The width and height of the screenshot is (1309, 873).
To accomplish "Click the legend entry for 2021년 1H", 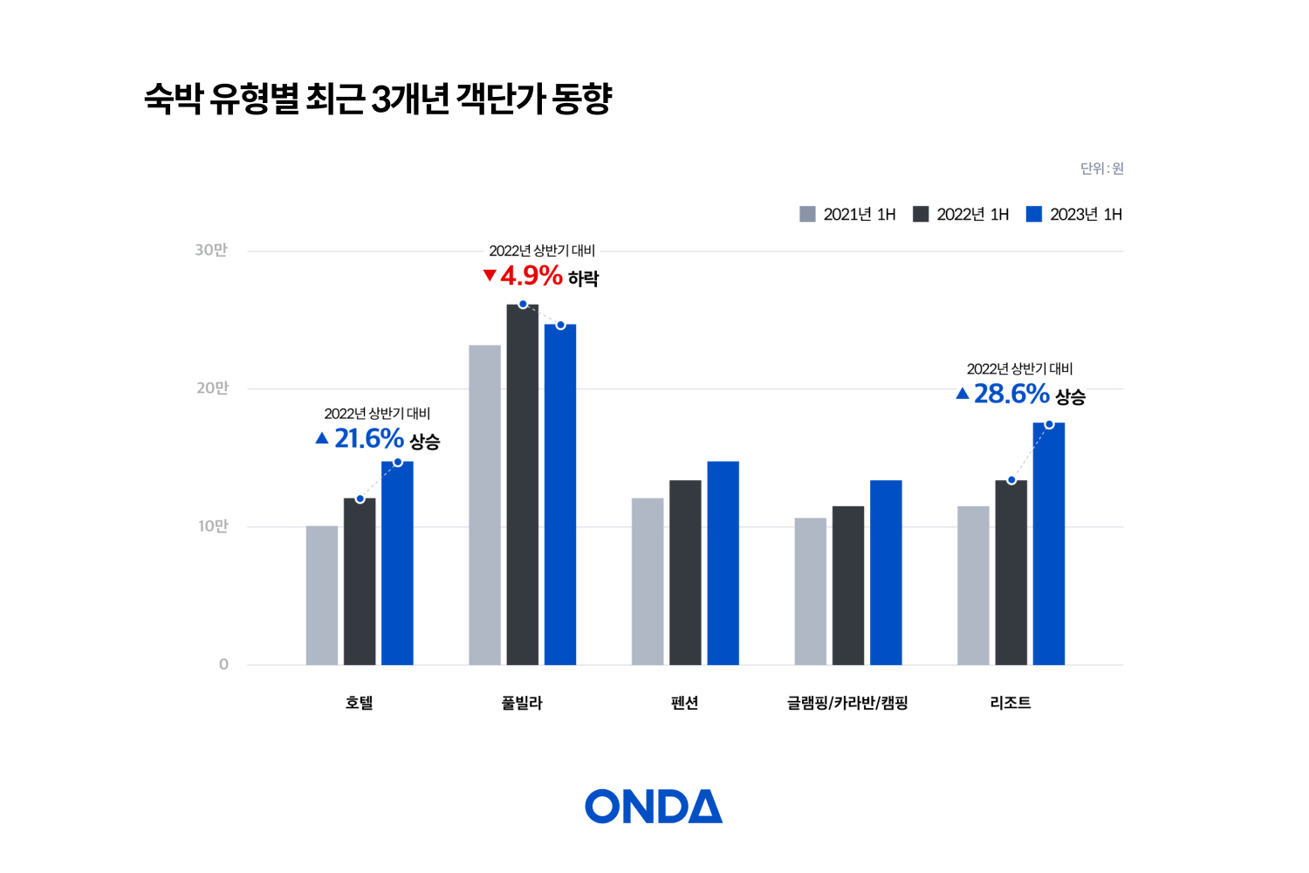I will (x=847, y=215).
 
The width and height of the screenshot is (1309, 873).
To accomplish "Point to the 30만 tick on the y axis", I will (x=211, y=251).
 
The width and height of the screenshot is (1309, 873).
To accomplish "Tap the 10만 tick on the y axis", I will (x=212, y=526).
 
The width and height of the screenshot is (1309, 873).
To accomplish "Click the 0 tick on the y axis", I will (x=223, y=664).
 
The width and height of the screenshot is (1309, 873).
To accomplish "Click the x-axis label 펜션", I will (x=684, y=703).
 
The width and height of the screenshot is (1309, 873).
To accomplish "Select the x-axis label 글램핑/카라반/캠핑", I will (x=847, y=703).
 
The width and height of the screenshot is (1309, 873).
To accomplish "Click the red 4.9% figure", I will (x=531, y=276).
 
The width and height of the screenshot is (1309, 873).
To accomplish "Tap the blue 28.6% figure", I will (x=1011, y=394).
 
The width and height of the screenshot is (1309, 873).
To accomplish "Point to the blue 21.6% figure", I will (x=368, y=438).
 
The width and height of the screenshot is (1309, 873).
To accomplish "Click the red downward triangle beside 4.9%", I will (x=490, y=276).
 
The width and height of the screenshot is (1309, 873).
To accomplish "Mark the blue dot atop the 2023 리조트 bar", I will (x=1049, y=424).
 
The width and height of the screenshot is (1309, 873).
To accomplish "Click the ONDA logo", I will (x=654, y=806).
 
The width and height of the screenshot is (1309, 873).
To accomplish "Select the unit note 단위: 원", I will (x=1101, y=168).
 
